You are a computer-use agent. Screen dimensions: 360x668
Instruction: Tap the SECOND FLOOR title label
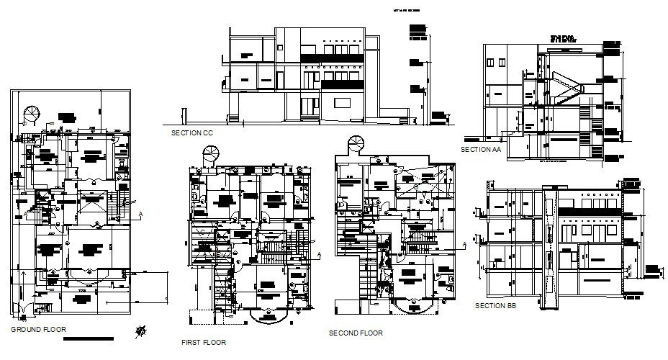point(355,333)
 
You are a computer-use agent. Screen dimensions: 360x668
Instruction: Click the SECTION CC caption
point(192,133)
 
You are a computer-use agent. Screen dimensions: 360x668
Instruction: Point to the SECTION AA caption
point(480,149)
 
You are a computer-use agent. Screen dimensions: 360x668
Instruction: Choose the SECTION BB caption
point(495,306)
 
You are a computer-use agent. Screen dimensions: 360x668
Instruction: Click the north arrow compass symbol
point(142,330)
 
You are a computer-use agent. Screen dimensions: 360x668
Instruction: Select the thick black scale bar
point(94,338)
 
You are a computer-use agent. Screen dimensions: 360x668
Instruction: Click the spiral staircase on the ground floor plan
point(32,115)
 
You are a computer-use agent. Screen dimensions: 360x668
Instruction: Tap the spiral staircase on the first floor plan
point(210,153)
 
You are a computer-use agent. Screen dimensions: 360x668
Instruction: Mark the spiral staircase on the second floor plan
point(355,144)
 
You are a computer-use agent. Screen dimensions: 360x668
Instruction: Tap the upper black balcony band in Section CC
point(333,56)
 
